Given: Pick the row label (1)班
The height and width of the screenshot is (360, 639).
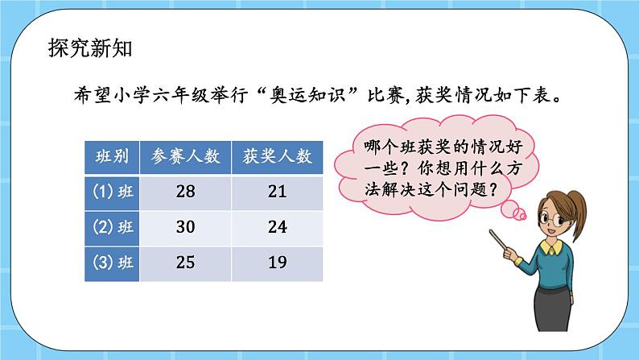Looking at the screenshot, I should click(111, 192).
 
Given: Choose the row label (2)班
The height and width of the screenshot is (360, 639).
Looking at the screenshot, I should click(111, 227).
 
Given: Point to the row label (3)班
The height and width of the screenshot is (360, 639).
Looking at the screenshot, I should click(111, 263).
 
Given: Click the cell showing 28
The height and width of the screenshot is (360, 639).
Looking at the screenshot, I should click(185, 192).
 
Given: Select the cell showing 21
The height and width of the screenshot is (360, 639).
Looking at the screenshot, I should click(277, 192).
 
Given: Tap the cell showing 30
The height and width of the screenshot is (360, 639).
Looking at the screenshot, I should click(185, 227).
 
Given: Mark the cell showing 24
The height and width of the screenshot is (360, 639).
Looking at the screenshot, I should click(277, 227).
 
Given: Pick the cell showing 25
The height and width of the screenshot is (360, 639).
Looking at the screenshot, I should click(185, 263).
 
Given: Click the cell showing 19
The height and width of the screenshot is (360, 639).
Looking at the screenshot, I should click(277, 263).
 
